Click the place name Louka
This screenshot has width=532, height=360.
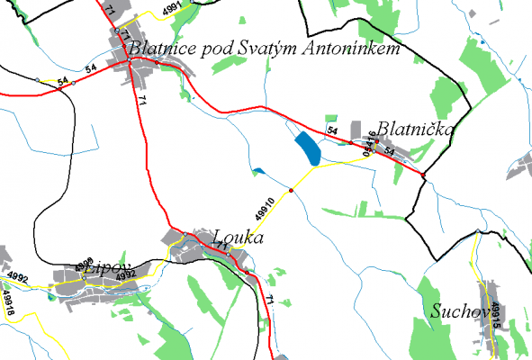[238, 239]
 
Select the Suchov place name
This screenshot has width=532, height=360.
[458, 311]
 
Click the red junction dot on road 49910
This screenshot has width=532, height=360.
[292, 190]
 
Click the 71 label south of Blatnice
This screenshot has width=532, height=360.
[141, 100]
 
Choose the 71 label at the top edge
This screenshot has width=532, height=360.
[110, 8]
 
